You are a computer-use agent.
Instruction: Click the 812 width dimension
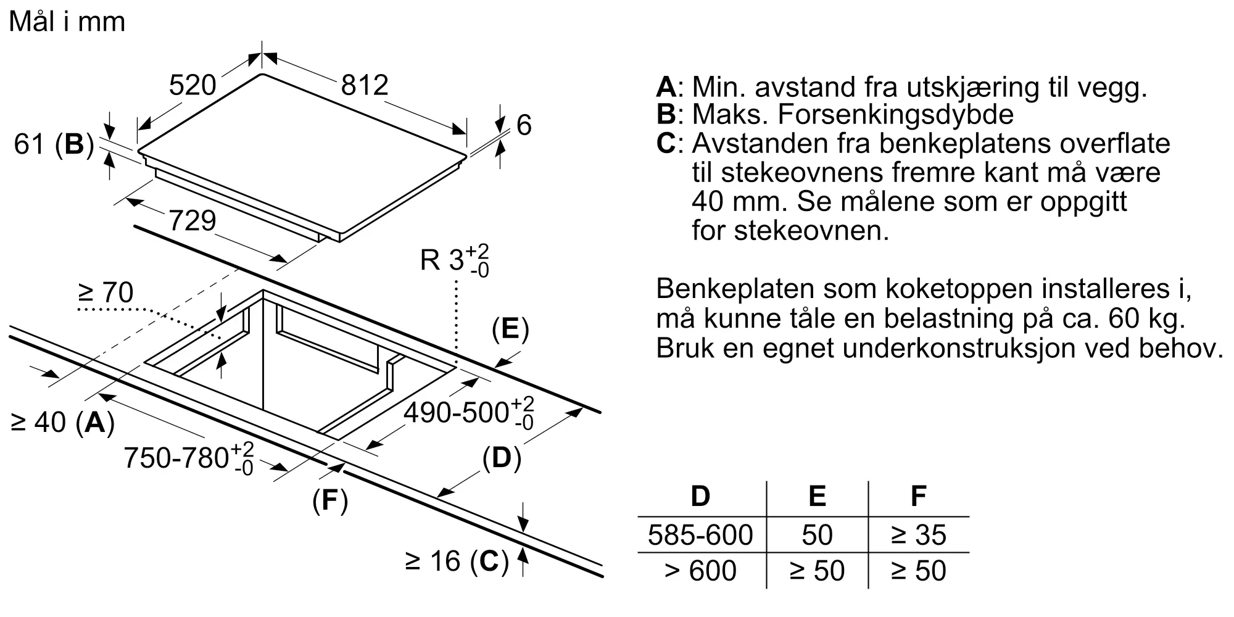pos(365,85)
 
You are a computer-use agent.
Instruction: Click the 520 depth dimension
pos(193,85)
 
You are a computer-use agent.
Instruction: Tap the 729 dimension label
pos(192,221)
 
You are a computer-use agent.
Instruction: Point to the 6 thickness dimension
pos(523,125)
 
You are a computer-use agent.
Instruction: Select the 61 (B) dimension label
pos(54,144)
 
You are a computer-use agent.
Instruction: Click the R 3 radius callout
pos(454,260)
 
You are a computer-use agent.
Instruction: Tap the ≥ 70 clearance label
pos(106,292)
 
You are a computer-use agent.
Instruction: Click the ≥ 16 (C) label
pos(457,561)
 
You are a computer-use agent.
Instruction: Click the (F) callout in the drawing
pos(330,500)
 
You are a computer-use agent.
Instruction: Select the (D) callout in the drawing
pos(502,458)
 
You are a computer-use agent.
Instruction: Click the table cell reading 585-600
pos(700,535)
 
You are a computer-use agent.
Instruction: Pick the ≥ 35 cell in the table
pos(918,535)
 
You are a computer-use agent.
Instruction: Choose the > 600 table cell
pos(700,571)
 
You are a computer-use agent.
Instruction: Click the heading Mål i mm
pos(67,22)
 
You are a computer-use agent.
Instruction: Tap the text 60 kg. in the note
pos(1146,319)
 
